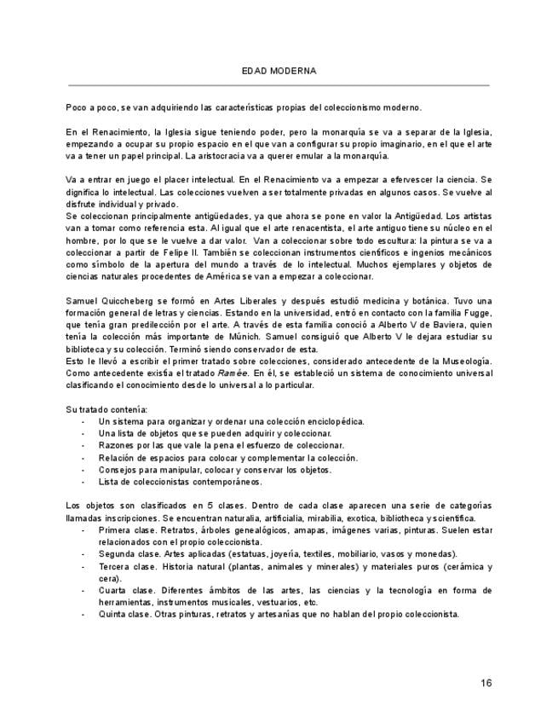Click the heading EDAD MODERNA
tap(279, 71)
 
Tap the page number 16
tap(486, 683)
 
